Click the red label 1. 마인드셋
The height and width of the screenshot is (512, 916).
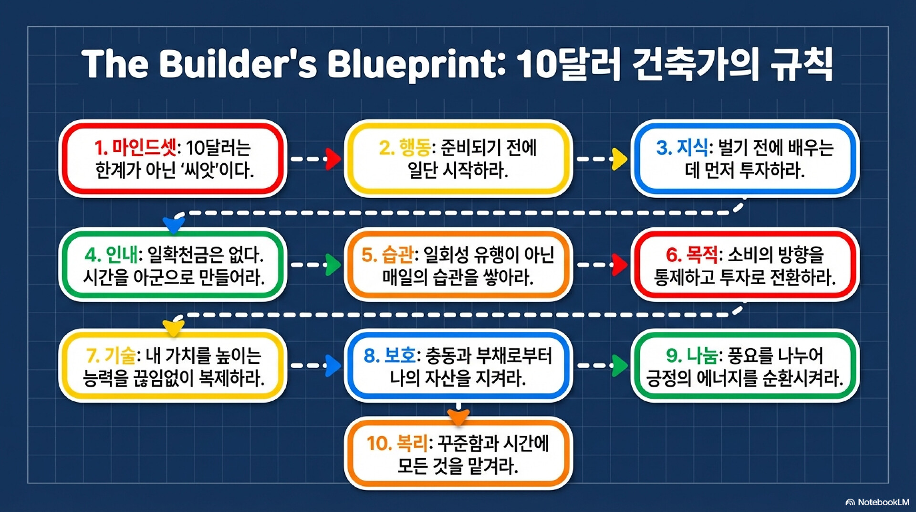[x=135, y=148]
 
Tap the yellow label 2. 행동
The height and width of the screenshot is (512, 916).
[x=405, y=148]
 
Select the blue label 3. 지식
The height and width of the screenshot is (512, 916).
[x=682, y=148]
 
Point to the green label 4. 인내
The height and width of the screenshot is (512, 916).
[x=112, y=255]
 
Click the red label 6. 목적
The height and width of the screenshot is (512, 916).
[x=692, y=255]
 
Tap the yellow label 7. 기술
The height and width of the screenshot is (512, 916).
[x=111, y=355]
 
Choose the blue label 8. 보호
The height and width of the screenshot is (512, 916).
[x=390, y=355]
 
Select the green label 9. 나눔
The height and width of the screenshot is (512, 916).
[x=692, y=355]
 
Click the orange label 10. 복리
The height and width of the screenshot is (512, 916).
[x=398, y=443]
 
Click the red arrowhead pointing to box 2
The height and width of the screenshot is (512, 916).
[x=333, y=159]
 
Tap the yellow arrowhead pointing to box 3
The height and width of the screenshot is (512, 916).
[x=619, y=159]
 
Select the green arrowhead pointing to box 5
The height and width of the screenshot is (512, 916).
[x=333, y=265]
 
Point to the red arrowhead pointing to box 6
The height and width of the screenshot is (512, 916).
[x=619, y=265]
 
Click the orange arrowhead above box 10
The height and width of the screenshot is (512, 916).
[x=458, y=417]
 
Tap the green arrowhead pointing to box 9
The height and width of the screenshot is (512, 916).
[x=619, y=366]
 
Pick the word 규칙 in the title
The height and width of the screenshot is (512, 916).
[x=801, y=64]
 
